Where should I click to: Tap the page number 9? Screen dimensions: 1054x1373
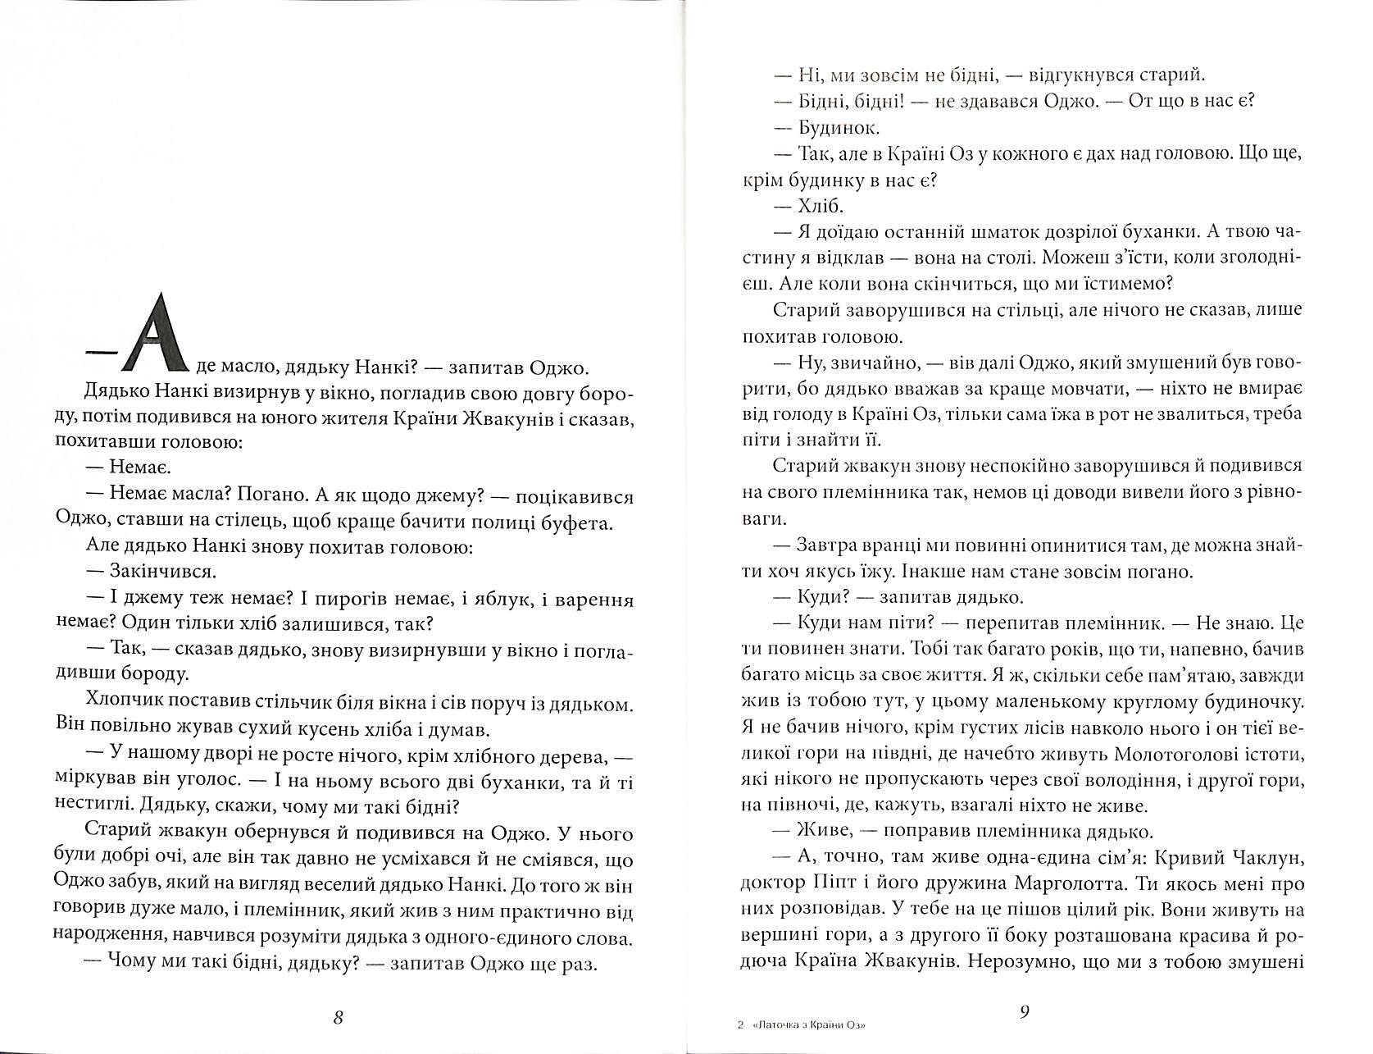tap(1024, 1011)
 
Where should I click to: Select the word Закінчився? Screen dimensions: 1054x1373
tap(156, 571)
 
